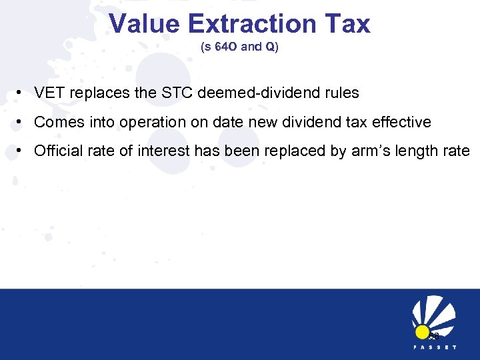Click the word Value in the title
(x=145, y=24)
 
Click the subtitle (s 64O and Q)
(x=240, y=48)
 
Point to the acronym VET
(x=49, y=93)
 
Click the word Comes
(x=55, y=123)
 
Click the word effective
(x=405, y=123)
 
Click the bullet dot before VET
(x=23, y=93)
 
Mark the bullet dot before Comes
(x=23, y=123)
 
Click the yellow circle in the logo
(x=422, y=332)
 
